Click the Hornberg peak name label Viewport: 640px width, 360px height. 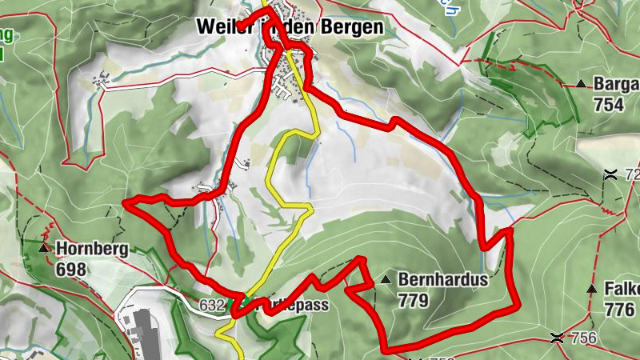[x=92, y=249]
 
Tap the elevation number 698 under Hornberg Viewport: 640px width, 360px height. [x=72, y=269]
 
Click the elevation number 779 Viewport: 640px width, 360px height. [x=413, y=301]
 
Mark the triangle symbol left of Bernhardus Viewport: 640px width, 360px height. [x=386, y=280]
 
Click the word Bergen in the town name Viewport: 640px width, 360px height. [x=351, y=26]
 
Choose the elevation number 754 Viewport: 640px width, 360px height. [x=610, y=105]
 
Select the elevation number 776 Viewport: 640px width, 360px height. [x=620, y=309]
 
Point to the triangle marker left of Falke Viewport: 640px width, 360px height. [x=592, y=288]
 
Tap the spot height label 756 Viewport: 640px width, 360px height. [x=584, y=338]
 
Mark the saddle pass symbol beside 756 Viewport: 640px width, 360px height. [x=557, y=338]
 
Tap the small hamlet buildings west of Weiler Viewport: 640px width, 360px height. [x=101, y=79]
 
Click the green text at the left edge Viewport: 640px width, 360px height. [x=6, y=44]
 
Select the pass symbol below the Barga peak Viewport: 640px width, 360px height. [x=610, y=174]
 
